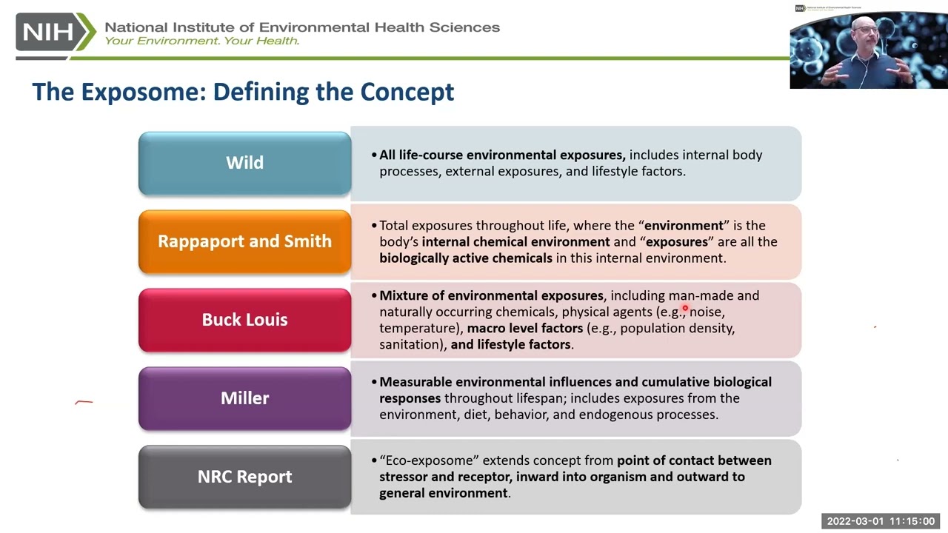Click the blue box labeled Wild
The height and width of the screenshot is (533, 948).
pos(244,163)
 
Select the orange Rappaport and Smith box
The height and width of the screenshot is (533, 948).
pos(244,241)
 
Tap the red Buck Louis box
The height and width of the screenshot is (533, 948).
pos(244,320)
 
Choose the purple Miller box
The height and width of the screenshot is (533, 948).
pos(244,398)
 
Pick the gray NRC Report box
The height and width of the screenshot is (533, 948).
pos(244,477)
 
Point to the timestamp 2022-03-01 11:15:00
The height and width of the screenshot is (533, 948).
pos(881,521)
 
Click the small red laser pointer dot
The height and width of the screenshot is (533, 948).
pos(685,309)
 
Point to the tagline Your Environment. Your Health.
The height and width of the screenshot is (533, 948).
pos(201,41)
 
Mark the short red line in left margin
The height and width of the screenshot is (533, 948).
pos(84,403)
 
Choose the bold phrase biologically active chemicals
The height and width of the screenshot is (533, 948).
pos(466,258)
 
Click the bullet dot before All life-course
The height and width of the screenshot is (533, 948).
pos(374,155)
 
